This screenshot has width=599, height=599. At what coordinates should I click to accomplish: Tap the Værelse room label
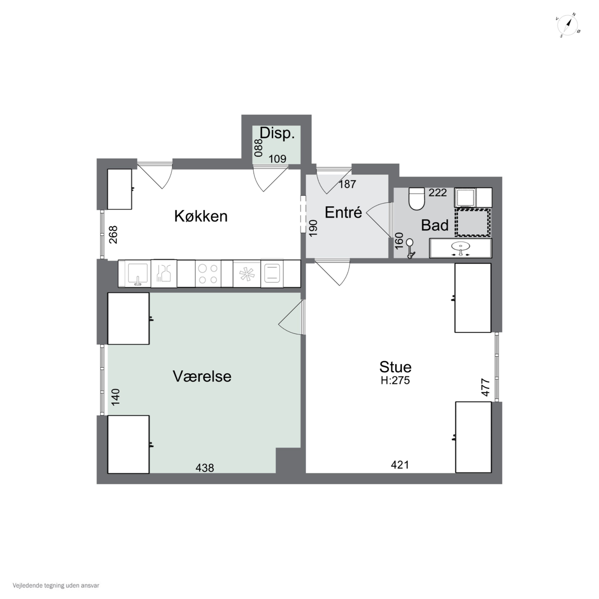(202, 376)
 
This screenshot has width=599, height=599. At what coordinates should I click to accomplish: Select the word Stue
(395, 367)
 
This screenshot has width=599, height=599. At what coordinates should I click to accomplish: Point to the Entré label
(343, 212)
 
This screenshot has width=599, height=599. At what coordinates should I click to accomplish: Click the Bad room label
(435, 225)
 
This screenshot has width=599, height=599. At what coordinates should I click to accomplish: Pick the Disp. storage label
(277, 133)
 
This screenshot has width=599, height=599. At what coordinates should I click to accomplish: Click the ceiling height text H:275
(395, 380)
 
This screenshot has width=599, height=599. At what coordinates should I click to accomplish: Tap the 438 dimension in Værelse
(205, 468)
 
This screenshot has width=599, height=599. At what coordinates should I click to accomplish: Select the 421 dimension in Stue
(400, 465)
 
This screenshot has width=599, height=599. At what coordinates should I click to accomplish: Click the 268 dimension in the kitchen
(113, 235)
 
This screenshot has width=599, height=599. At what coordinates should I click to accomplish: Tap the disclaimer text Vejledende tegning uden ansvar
(56, 586)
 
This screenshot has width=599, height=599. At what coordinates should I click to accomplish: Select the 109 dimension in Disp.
(277, 159)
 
